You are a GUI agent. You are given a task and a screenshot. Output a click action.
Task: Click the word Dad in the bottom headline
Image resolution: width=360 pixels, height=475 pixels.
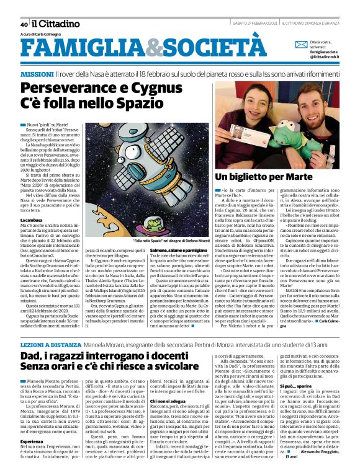pyautogui.click(x=30, y=357)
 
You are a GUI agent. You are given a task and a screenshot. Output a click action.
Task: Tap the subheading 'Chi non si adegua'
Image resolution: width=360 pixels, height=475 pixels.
pyautogui.click(x=166, y=401)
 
